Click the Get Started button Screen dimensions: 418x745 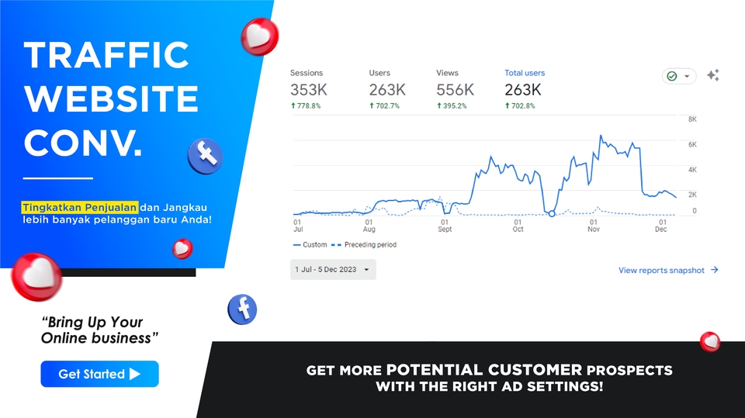(99, 374)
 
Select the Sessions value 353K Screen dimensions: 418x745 (309, 90)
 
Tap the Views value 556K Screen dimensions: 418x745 (455, 90)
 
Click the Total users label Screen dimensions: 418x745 (525, 73)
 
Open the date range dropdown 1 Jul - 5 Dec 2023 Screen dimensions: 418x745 (333, 270)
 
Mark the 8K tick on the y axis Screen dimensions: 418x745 (692, 119)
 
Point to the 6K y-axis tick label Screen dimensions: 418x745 (692, 144)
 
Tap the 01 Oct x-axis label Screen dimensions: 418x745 (518, 225)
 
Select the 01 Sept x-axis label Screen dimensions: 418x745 (444, 225)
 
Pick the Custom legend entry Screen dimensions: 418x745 (310, 245)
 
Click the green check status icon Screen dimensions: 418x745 (672, 76)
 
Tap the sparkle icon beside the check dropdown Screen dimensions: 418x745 (712, 75)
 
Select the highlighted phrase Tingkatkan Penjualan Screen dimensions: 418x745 (80, 207)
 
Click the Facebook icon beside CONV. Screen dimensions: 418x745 (205, 157)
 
